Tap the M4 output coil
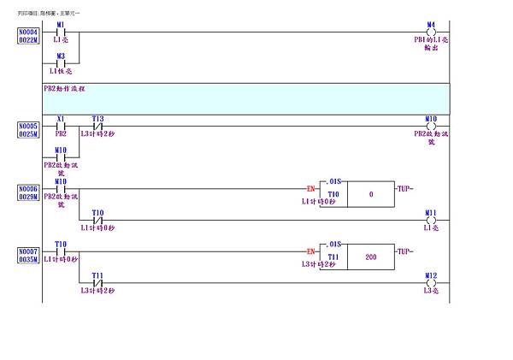point(431,32)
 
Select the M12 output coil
point(431,283)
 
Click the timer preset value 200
point(370,256)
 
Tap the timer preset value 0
point(370,193)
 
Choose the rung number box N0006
point(28,187)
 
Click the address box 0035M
point(28,260)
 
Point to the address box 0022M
point(28,39)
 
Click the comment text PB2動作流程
point(64,88)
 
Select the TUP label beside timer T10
point(404,187)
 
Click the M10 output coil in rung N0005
point(431,126)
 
